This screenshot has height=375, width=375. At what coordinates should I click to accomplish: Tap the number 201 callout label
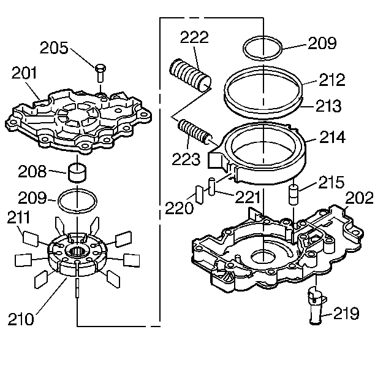click(25, 74)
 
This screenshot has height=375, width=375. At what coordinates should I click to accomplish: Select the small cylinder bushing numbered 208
click(77, 172)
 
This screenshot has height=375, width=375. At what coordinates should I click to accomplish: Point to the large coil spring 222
click(192, 73)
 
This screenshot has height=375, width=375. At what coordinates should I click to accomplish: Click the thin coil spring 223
click(194, 133)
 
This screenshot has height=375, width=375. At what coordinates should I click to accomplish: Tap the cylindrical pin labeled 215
click(294, 197)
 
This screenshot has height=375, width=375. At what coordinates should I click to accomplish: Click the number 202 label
click(358, 198)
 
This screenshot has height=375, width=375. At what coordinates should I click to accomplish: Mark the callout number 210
click(21, 319)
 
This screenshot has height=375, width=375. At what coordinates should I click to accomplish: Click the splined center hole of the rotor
click(78, 250)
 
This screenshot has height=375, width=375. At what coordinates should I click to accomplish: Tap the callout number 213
click(328, 106)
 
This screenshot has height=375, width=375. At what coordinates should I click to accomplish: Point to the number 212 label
click(332, 80)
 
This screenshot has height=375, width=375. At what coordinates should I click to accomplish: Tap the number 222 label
click(194, 37)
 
